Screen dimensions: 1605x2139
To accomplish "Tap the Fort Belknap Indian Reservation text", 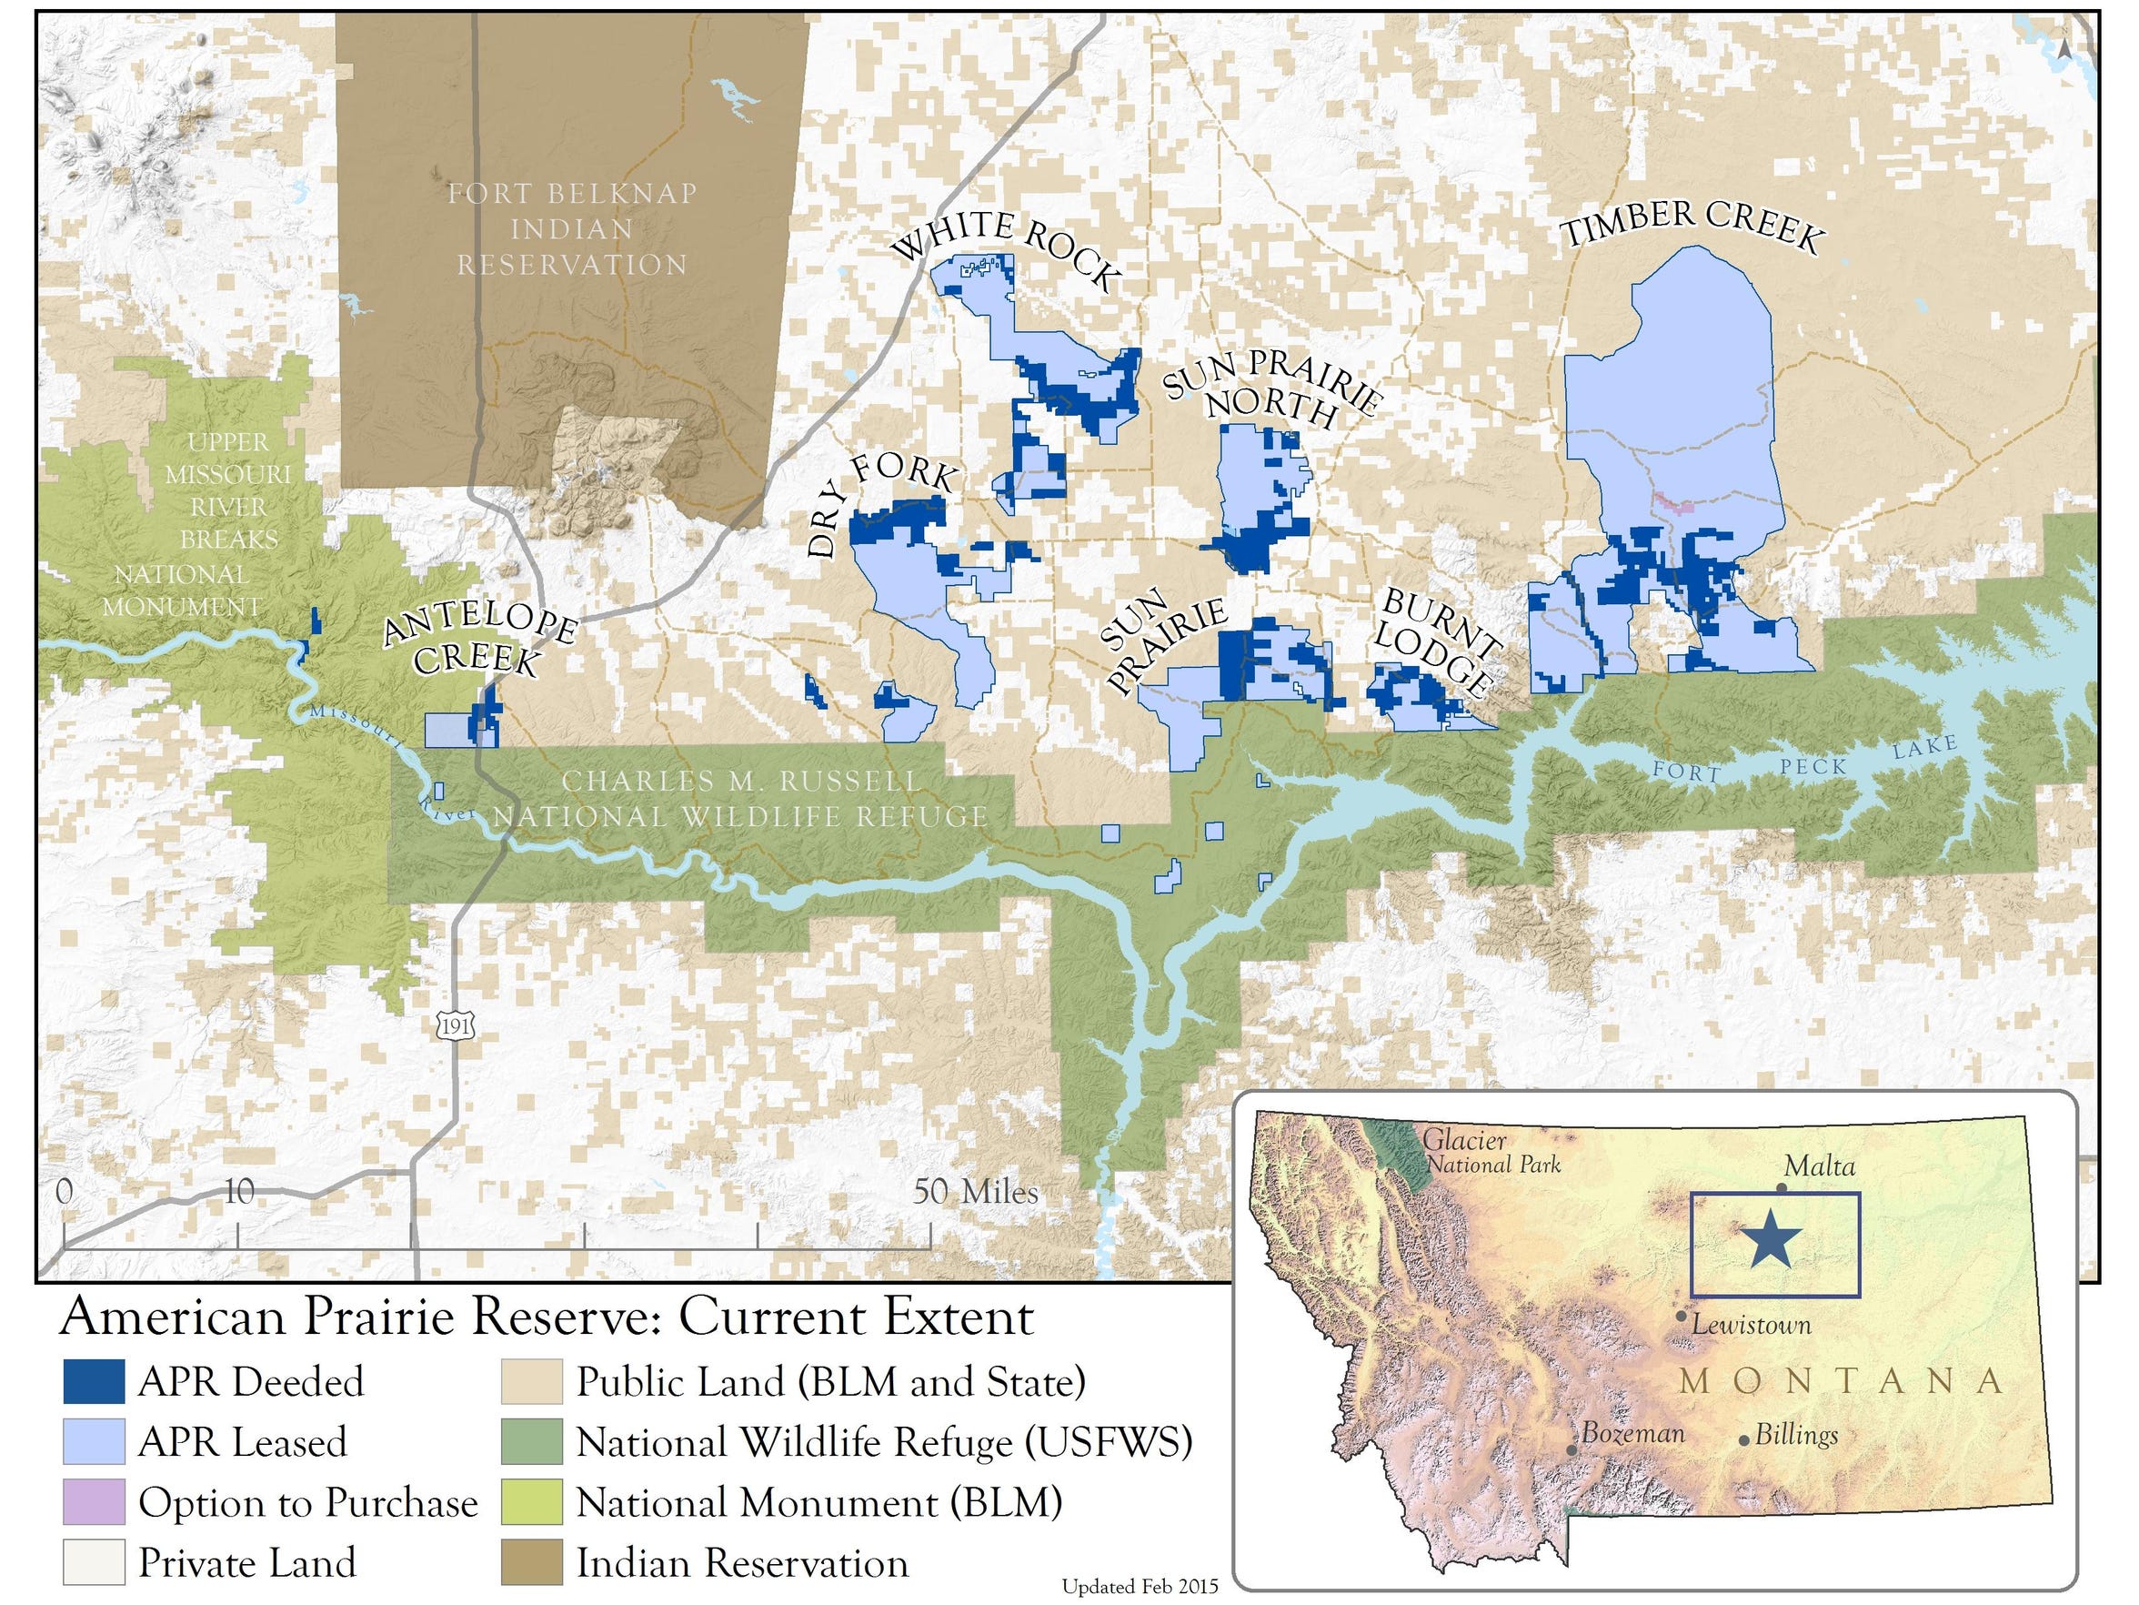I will point(572,229).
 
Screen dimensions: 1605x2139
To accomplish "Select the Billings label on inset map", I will point(1796,1435).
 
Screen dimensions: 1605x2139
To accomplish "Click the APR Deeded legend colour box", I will point(94,1381).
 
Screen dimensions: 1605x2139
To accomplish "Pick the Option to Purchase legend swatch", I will point(94,1501).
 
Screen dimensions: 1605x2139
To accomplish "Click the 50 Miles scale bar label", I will point(975,1191).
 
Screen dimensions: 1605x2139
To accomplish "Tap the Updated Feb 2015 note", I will point(1140,1587).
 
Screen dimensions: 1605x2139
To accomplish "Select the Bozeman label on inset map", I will point(1632,1434).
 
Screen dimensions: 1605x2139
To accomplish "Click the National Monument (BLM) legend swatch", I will point(531,1501).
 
